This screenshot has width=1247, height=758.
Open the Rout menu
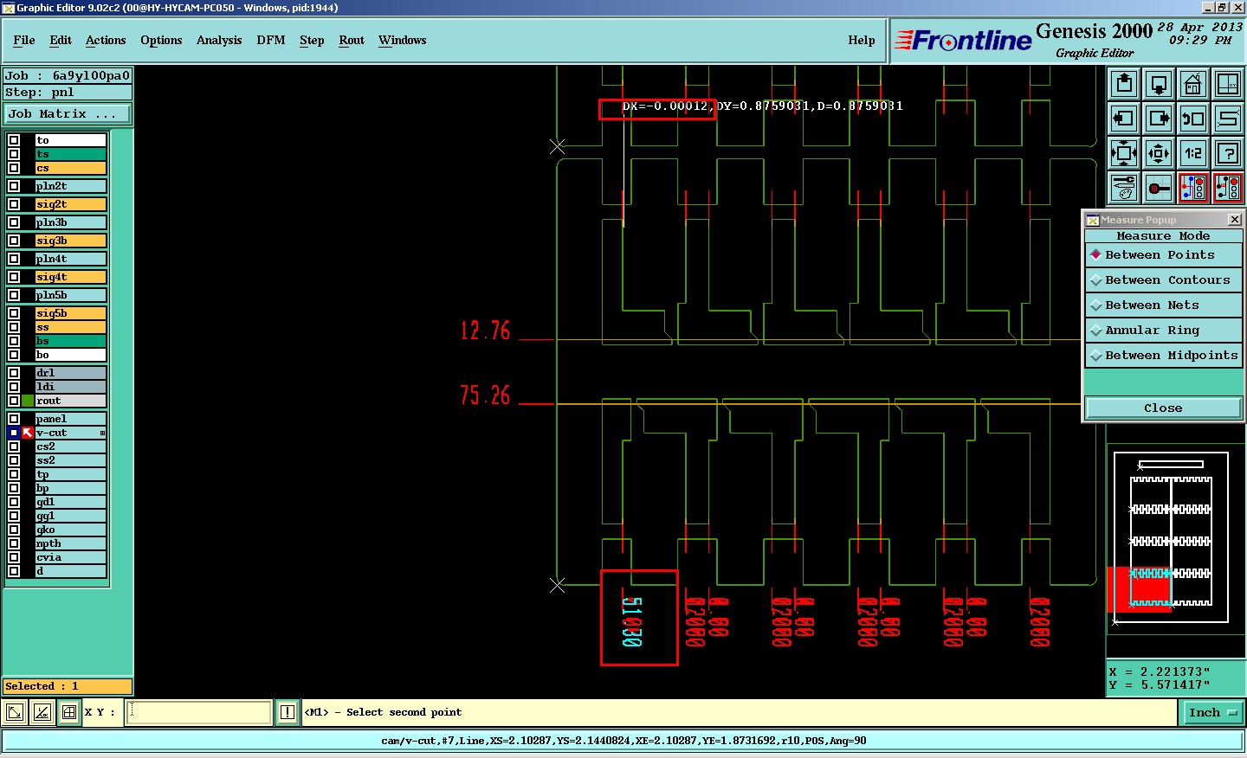(352, 41)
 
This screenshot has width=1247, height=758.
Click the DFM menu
(271, 41)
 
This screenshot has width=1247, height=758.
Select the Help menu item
(861, 41)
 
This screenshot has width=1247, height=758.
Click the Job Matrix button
(68, 114)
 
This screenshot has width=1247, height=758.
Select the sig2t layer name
(70, 204)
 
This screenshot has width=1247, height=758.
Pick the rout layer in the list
(70, 401)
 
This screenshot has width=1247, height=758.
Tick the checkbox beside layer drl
(14, 373)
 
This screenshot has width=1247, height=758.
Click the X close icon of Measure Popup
(1235, 220)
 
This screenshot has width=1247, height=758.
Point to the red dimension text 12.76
(485, 331)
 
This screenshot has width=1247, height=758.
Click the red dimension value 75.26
(485, 395)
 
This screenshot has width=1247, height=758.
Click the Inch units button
(1211, 713)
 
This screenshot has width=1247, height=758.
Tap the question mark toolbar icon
(1228, 153)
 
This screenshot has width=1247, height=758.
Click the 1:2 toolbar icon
(1193, 153)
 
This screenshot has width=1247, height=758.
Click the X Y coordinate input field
(199, 713)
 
